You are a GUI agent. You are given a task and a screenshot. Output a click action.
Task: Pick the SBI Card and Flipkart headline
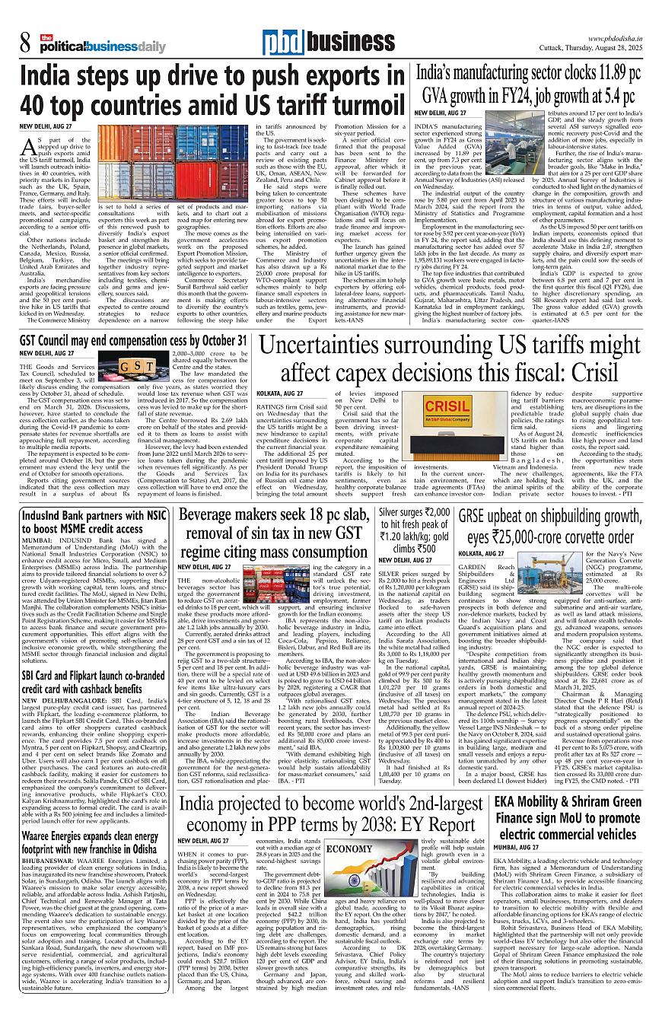coord(93,671)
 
